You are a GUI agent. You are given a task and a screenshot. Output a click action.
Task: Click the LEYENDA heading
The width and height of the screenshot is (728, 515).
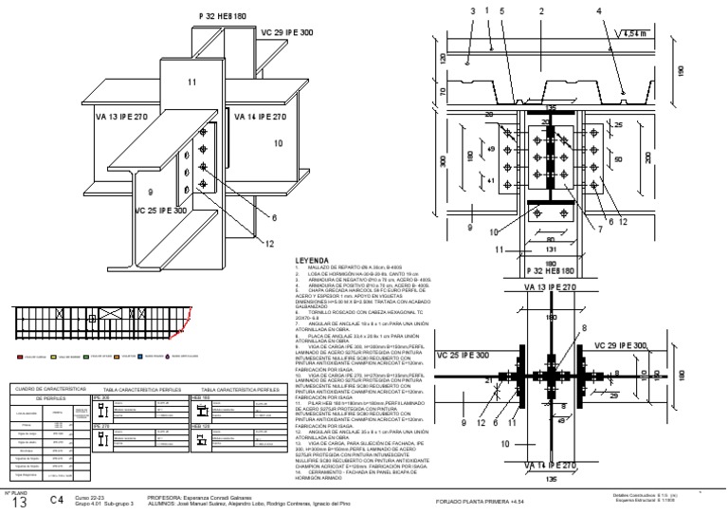[x=313, y=259]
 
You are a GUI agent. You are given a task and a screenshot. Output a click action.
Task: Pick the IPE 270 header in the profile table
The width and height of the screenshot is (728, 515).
[x=101, y=427]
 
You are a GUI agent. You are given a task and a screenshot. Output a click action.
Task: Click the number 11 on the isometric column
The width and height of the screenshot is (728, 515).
[x=191, y=83]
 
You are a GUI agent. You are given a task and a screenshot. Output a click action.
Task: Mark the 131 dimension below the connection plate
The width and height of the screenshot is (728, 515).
[x=548, y=249]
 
